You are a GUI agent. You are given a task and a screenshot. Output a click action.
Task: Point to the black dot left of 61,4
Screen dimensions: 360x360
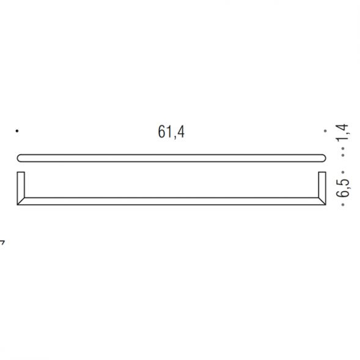[x=17, y=131]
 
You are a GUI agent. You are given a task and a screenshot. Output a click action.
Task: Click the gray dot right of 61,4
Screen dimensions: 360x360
[x=325, y=131]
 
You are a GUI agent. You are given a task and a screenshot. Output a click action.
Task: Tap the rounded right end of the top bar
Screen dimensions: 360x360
[x=322, y=157]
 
